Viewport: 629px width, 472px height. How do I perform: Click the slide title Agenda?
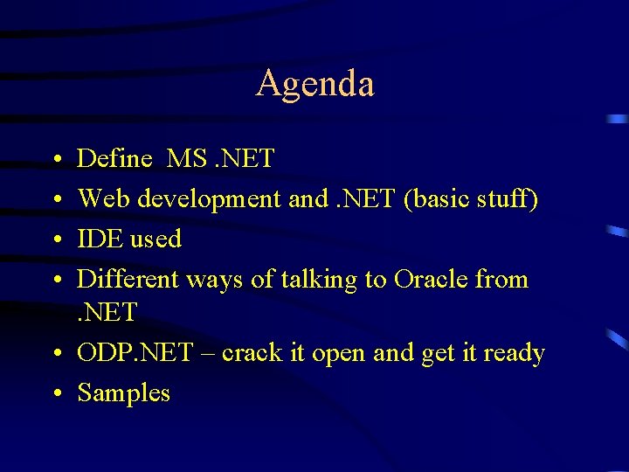pos(314,84)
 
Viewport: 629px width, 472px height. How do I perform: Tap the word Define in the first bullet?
pos(114,159)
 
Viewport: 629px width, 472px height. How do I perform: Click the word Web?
pos(100,199)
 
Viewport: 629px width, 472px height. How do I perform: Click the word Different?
pos(126,280)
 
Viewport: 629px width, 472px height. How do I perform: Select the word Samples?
pos(124,393)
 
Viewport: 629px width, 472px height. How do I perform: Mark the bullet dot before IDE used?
pos(55,240)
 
